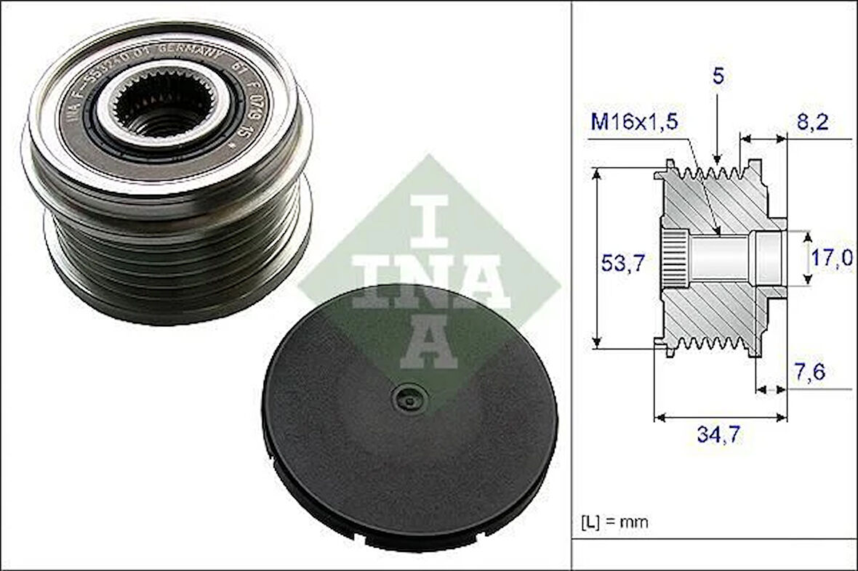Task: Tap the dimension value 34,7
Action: click(x=720, y=436)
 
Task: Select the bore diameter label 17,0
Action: click(x=833, y=257)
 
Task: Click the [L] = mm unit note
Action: click(x=614, y=522)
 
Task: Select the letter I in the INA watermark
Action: click(x=430, y=219)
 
